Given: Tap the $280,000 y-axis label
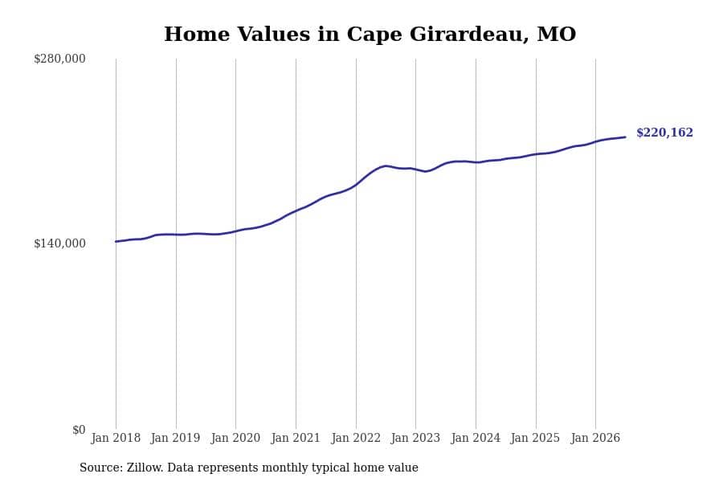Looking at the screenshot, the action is pyautogui.click(x=59, y=59).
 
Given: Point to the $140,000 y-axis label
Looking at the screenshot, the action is pyautogui.click(x=59, y=243).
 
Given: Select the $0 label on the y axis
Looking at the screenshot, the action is pyautogui.click(x=79, y=430).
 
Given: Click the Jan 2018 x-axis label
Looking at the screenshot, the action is pyautogui.click(x=116, y=438).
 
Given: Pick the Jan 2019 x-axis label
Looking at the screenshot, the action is pyautogui.click(x=176, y=438).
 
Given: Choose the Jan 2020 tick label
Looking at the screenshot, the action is pyautogui.click(x=235, y=438).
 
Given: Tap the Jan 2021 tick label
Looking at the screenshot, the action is pyautogui.click(x=296, y=438).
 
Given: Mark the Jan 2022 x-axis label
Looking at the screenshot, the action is pyautogui.click(x=356, y=438).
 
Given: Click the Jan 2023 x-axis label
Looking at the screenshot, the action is pyautogui.click(x=415, y=438).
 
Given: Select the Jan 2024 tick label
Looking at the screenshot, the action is pyautogui.click(x=476, y=438).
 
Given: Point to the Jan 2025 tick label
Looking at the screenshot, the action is pyautogui.click(x=535, y=438).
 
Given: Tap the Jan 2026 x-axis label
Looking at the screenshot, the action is pyautogui.click(x=595, y=438).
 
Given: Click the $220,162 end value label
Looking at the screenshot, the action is pyautogui.click(x=664, y=133).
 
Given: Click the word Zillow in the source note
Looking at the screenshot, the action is pyautogui.click(x=145, y=468).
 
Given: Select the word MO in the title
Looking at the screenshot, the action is pyautogui.click(x=557, y=34).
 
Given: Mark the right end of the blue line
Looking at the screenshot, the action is pyautogui.click(x=625, y=137).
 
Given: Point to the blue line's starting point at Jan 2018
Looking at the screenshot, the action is pyautogui.click(x=116, y=241).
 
